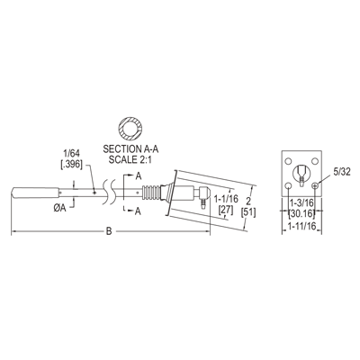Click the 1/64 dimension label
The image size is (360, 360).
pyautogui.click(x=71, y=154)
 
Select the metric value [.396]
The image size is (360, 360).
pyautogui.click(x=71, y=164)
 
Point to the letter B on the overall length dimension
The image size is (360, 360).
pyautogui.click(x=109, y=231)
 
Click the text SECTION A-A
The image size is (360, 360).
pyautogui.click(x=130, y=149)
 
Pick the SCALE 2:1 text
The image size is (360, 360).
pyautogui.click(x=130, y=159)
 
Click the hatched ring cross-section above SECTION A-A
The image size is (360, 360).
pyautogui.click(x=130, y=128)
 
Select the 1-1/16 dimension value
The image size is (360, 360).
pyautogui.click(x=226, y=198)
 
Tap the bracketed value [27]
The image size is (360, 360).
pyautogui.click(x=226, y=210)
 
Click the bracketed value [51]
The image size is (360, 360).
pyautogui.click(x=248, y=212)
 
